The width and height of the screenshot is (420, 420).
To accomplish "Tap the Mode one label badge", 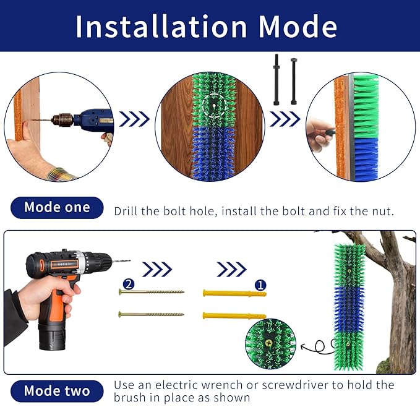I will click(57, 208).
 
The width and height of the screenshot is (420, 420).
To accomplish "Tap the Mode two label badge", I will click(57, 391).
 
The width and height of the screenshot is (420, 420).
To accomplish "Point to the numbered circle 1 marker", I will click(260, 285).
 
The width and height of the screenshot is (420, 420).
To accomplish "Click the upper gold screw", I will click(152, 291).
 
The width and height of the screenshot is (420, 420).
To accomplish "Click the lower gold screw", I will click(152, 314).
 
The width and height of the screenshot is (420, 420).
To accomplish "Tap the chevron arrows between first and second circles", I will click(134, 119).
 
